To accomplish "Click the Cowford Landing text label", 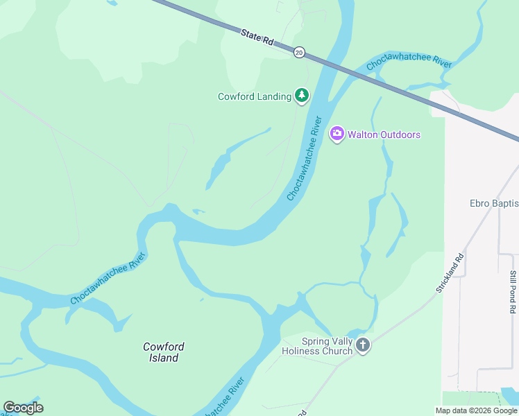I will click(x=255, y=96).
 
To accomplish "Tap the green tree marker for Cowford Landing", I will click(x=301, y=95).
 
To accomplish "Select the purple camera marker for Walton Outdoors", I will click(x=337, y=133).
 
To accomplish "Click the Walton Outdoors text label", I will click(x=384, y=135).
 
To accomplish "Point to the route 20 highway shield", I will click(x=299, y=52).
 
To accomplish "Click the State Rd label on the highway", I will click(x=258, y=37).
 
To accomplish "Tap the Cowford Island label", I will click(x=163, y=352).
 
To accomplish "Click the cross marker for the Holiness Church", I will click(x=362, y=345).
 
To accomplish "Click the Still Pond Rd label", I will click(x=513, y=292).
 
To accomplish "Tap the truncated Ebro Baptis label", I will click(x=494, y=203).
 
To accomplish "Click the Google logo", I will click(x=23, y=408).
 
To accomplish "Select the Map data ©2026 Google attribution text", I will click(x=476, y=410).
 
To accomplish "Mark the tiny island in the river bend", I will click(x=198, y=211).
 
